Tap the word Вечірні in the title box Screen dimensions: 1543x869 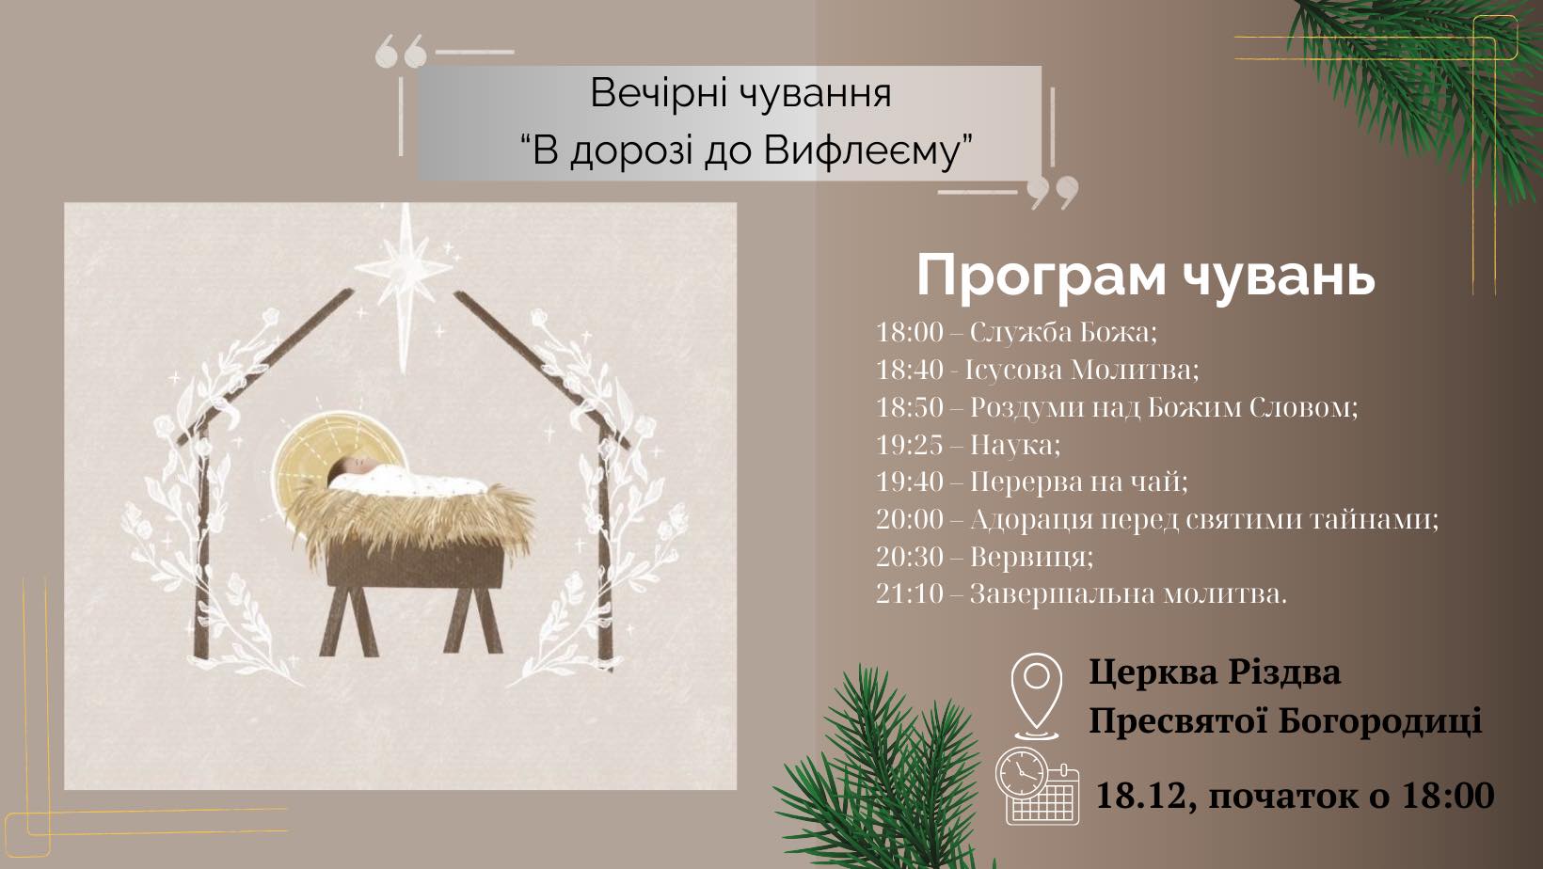[654, 94]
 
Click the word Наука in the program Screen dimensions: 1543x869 [1012, 446]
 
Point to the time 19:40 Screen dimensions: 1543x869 [909, 482]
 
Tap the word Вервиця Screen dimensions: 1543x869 [1029, 557]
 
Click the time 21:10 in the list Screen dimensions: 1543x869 [909, 594]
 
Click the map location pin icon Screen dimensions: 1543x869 [1037, 696]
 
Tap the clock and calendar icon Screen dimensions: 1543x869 [1037, 786]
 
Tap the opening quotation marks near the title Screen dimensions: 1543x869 [401, 53]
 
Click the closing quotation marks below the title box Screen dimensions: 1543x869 [1053, 193]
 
